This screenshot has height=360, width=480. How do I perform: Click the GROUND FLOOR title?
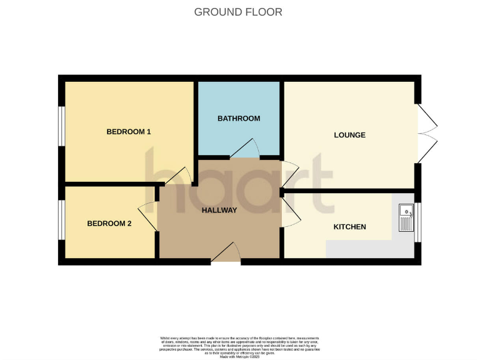(x=238, y=12)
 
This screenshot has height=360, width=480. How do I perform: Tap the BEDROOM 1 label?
(x=129, y=132)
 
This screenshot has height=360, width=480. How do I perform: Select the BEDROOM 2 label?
(x=109, y=224)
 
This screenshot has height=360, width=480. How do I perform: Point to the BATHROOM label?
(x=238, y=118)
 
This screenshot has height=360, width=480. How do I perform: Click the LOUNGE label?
(x=349, y=135)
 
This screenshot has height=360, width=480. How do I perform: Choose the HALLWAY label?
(x=219, y=210)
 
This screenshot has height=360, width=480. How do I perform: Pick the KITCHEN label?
(x=349, y=227)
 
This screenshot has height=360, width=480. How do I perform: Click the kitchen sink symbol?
(x=406, y=218)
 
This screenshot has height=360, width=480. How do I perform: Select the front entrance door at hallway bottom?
(x=226, y=253)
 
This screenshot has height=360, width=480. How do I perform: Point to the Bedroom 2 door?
(x=147, y=216)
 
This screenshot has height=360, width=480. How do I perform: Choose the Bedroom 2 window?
(x=61, y=219)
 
